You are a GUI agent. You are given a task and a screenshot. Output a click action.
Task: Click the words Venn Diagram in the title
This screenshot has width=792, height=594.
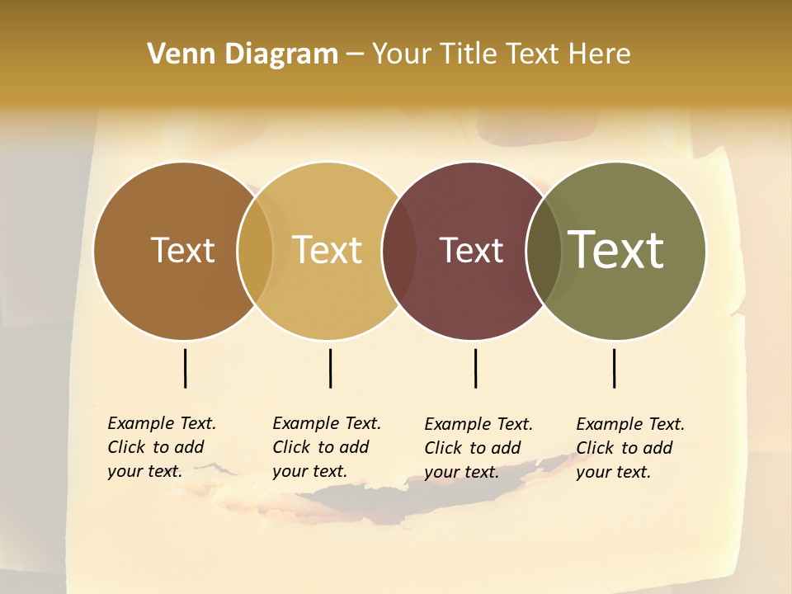pos(242,54)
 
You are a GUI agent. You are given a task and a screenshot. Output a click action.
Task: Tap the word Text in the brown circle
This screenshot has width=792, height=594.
pos(182,250)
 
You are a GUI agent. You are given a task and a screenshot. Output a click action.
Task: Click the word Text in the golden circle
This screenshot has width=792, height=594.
pos(327,250)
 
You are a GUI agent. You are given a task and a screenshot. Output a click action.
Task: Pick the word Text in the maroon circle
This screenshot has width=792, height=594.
pos(471,250)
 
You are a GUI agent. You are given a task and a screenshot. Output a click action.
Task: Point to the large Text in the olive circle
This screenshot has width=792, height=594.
pos(615,249)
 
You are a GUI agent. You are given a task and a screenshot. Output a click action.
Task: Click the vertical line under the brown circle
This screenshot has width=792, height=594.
pos(185,368)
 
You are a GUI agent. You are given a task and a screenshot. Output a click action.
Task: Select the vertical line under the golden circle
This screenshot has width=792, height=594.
pos(330,368)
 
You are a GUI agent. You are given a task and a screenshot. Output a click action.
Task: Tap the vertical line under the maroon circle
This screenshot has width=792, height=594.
pos(475,368)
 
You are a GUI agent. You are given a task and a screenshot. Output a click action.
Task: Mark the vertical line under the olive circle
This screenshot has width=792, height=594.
pos(614,368)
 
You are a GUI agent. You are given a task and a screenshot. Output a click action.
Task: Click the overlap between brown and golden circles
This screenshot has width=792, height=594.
pos(255,251)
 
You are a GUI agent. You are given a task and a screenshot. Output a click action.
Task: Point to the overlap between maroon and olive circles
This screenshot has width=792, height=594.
pos(544,251)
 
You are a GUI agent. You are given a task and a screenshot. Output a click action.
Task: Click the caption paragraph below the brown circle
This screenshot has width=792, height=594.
pos(161,447)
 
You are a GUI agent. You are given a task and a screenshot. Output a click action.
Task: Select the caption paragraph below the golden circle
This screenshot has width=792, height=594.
pos(326,447)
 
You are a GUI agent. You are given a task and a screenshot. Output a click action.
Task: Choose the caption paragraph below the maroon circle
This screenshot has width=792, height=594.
pos(478,448)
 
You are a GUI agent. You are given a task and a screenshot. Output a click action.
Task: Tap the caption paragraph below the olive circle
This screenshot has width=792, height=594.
pos(629,448)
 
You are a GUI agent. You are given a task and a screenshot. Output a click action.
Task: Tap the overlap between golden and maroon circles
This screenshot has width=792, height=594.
pos(399,251)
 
